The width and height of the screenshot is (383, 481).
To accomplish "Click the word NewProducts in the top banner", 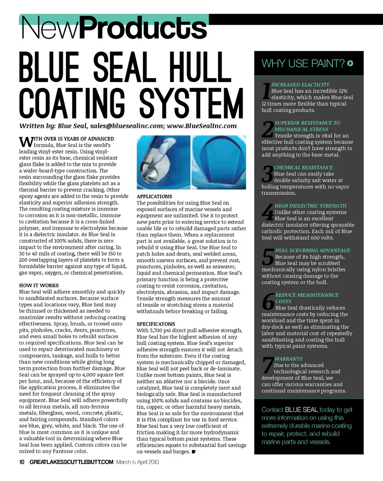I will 114,28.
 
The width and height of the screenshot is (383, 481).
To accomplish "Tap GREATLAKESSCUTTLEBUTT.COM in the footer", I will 72,462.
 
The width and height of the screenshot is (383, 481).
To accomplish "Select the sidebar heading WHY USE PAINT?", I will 303,63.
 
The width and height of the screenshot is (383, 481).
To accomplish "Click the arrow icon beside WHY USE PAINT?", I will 350,63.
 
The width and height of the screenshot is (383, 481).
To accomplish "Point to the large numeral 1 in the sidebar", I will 266,91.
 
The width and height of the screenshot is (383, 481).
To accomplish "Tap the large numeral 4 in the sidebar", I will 268,212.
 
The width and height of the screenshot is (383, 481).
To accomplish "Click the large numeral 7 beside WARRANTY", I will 268,365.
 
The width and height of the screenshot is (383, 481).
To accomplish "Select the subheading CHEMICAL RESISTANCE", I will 303,168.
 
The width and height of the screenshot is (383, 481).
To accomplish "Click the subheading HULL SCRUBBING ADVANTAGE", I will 312,250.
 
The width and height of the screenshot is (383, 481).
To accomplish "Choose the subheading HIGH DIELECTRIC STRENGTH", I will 310,206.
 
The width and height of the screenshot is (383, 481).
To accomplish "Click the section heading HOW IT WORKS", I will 39,286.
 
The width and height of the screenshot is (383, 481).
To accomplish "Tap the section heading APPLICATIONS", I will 154,197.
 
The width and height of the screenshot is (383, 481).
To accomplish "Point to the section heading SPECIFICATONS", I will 156,324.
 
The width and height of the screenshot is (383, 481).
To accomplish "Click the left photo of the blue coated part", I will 163,162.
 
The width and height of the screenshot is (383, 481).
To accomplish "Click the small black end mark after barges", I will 193,452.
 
